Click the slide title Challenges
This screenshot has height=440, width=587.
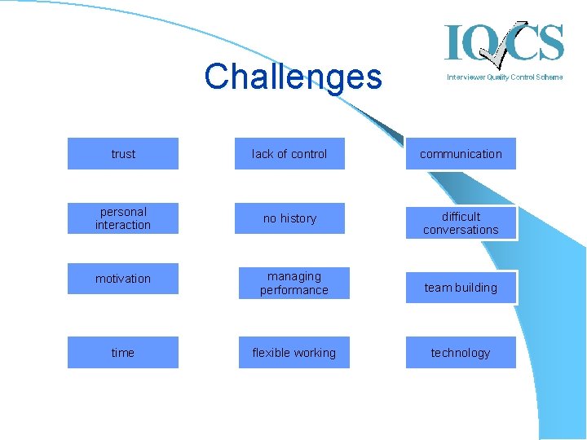coord(293,77)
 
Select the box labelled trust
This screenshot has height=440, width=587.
coord(123,153)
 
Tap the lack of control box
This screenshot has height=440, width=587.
coord(289,153)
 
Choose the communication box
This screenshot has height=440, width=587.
coord(461,153)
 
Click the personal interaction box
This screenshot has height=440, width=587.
coord(123,218)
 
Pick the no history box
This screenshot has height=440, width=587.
coord(289,218)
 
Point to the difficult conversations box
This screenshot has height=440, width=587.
coord(461,222)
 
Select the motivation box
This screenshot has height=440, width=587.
coord(123,279)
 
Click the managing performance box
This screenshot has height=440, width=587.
coord(293,283)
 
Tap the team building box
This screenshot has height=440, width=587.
coord(461,287)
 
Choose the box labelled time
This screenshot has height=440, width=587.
coord(123,352)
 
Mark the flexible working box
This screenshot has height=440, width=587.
coord(293,352)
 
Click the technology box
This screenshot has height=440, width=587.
coord(461,352)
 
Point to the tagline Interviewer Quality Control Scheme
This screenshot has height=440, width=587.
coord(504,77)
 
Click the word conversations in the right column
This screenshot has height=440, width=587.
coord(461,230)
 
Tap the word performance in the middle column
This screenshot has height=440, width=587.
coord(293,290)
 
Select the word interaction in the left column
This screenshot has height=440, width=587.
coord(123,225)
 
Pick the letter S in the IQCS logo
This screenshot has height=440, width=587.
coord(549,42)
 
